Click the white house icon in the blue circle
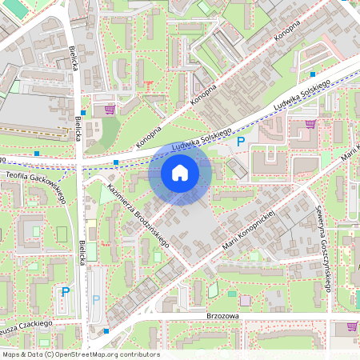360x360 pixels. click(180, 172)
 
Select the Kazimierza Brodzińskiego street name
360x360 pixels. click(133, 214)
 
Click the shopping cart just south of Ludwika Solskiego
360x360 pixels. click(310, 123)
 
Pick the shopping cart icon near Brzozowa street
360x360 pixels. click(352, 326)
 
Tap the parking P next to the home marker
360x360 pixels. click(240, 142)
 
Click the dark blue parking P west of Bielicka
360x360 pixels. click(66, 292)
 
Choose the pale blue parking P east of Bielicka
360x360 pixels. click(96, 299)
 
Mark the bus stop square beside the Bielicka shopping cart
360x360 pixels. click(83, 113)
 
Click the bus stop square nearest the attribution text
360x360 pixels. click(106, 330)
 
